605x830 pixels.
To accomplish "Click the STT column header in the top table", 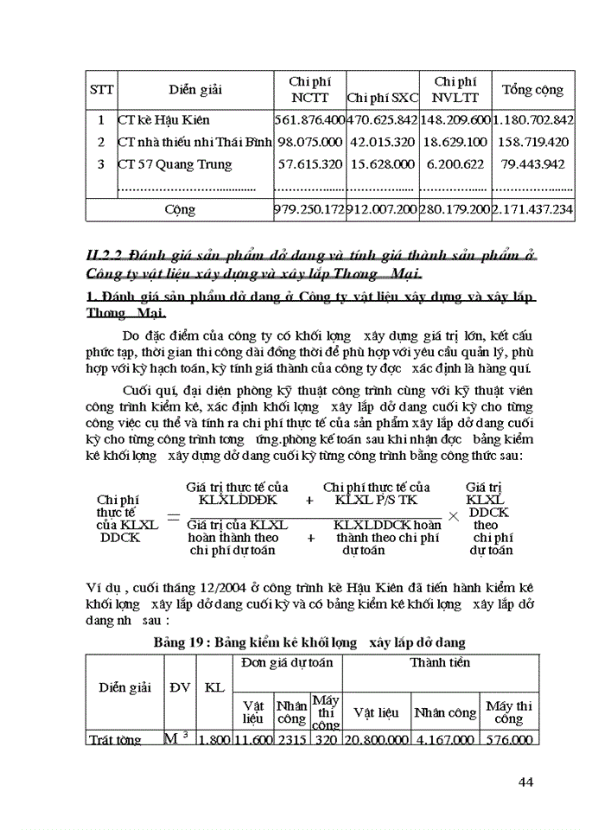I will [x=101, y=90].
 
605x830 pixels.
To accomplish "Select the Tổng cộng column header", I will [x=532, y=90].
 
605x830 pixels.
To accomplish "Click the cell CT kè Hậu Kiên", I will [x=164, y=120].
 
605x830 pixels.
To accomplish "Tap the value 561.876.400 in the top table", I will [x=309, y=120].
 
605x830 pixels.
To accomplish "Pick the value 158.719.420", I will [x=532, y=142].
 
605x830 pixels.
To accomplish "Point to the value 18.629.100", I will [x=455, y=142].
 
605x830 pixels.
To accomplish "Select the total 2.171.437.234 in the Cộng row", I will [x=532, y=209].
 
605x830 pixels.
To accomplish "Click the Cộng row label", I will [x=180, y=209].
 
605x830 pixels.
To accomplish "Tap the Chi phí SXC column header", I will [x=382, y=98].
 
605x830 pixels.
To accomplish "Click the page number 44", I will [x=525, y=782].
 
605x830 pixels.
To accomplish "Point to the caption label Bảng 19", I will [x=182, y=642].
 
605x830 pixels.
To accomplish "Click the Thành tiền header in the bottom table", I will [x=440, y=663].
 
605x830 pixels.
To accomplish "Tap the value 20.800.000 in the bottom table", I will [x=376, y=739].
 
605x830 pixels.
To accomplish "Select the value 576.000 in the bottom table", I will [x=509, y=739].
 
